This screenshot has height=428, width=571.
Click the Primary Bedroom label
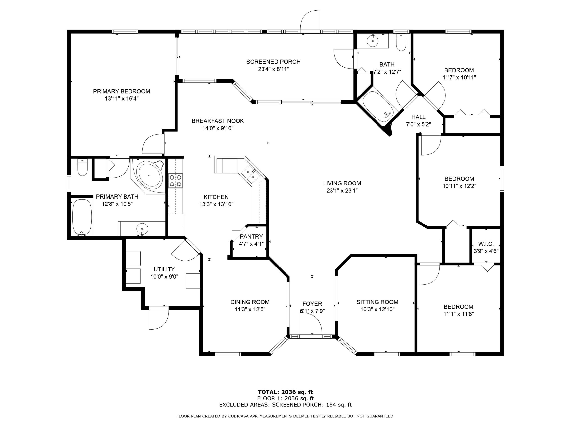coord(121,91)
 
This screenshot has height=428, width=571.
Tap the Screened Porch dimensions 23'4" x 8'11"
coord(273,69)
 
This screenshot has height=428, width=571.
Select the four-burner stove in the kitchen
coord(175,181)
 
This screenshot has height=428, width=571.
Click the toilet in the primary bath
coord(82,167)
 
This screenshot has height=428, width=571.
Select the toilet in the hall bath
coord(401,42)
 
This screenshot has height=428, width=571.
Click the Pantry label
coord(251,237)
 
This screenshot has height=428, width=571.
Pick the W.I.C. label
coord(486,244)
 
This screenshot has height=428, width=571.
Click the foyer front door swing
coord(311,326)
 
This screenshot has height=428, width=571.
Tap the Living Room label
coord(342,183)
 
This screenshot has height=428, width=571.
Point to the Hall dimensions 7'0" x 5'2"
coord(419,124)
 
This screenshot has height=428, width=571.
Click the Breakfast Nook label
coord(218,121)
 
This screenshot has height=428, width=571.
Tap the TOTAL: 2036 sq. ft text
coord(285,392)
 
